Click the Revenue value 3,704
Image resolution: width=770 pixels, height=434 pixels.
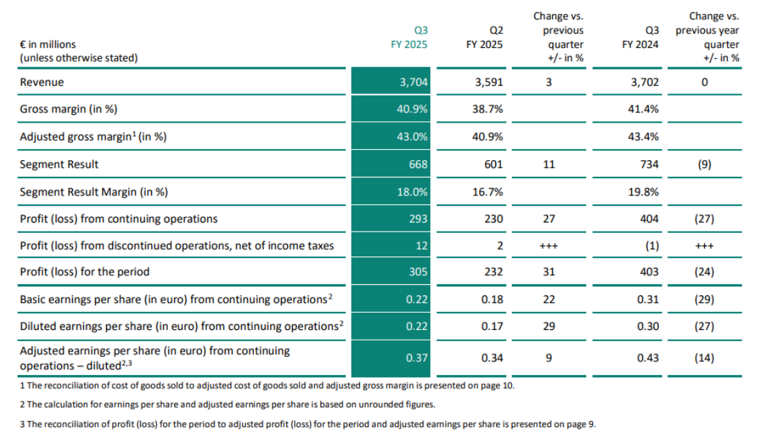(415, 83)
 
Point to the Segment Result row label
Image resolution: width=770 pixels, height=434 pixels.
(59, 164)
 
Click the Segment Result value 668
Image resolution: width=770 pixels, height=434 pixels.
(419, 164)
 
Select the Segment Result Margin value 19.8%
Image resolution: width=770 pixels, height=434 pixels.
(644, 192)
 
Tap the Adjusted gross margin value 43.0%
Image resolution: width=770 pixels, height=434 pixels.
(415, 137)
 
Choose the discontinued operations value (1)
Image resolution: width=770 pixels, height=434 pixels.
(650, 245)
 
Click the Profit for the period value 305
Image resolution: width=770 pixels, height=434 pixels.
(419, 272)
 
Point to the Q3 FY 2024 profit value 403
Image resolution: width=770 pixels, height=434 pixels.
(649, 272)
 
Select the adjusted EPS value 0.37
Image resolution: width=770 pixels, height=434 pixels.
(418, 358)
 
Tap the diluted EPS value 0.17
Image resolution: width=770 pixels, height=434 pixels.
(491, 327)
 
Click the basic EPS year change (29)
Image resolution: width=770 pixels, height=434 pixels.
(704, 300)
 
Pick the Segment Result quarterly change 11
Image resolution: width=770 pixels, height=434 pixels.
(549, 164)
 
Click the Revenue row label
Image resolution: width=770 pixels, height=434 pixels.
(42, 83)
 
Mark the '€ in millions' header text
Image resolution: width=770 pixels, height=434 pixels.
(48, 44)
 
